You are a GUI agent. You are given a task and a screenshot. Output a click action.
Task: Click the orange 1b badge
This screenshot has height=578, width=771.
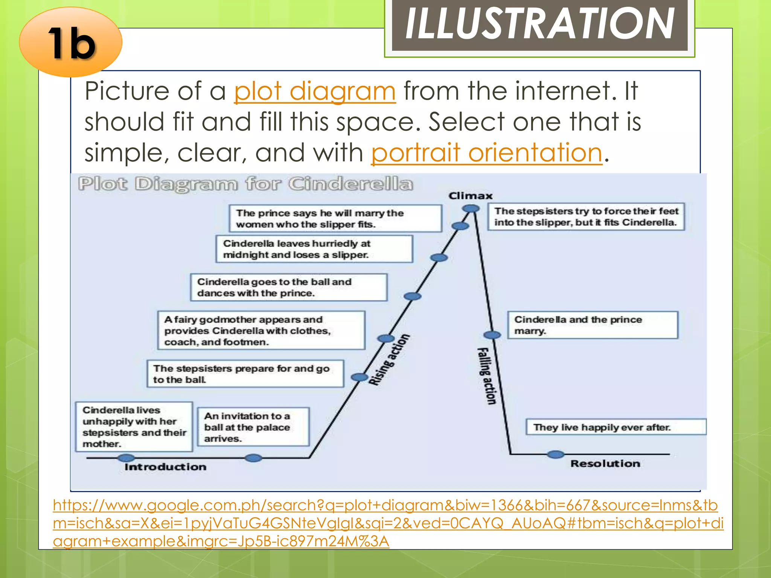pos(71,42)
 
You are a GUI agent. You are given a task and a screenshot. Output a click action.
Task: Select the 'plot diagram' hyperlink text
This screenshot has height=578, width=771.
pos(315,91)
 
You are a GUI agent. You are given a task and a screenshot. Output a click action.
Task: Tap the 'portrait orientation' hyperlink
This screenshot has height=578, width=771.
pos(487,153)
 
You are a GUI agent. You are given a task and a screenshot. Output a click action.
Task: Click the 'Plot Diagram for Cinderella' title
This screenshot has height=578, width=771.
pos(245,184)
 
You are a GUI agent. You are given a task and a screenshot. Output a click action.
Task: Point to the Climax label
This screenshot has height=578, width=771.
pos(471,196)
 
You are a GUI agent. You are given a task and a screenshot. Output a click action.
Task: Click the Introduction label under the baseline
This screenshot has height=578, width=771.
pos(166,467)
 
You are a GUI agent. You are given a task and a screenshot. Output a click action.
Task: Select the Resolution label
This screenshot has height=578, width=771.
pos(605,464)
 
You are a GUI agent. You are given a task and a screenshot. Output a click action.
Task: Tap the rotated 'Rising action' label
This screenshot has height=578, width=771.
pos(389,360)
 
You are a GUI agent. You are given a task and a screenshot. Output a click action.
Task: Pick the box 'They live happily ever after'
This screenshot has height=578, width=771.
pos(616,427)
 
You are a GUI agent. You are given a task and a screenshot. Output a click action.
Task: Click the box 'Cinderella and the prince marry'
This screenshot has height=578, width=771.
pos(593,325)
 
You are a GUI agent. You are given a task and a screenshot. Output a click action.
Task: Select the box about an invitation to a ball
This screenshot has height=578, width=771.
pos(253,427)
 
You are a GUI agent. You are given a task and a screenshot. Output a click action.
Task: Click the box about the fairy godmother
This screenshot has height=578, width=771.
pos(261,330)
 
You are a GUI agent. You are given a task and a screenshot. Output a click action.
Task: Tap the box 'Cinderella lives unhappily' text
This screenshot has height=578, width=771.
pos(134,427)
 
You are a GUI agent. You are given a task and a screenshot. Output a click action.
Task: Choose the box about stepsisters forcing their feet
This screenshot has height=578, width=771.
pos(586,217)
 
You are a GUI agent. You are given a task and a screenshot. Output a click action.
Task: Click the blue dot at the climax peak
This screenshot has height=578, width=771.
pos(471,208)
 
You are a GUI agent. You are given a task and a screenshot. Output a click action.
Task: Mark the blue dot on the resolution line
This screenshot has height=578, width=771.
pos(555,455)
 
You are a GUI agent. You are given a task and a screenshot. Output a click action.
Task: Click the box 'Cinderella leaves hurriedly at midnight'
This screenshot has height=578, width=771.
pos(314,249)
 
